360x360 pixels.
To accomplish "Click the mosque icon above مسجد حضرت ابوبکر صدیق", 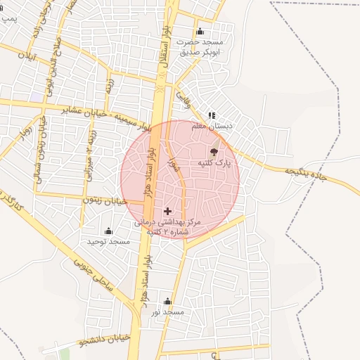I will (x=200, y=31).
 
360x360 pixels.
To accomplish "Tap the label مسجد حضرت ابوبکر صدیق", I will (x=199, y=47).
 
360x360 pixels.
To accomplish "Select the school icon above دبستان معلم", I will (x=212, y=115).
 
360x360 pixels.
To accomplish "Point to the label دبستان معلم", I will (x=212, y=126).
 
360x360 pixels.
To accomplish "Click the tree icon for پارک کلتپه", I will (x=214, y=151).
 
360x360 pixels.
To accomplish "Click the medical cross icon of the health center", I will (x=167, y=211).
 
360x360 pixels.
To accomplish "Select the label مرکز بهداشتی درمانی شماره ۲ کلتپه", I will (x=168, y=226).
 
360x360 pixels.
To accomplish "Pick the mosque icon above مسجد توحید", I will (x=109, y=231).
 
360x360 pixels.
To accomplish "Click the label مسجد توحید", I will (x=109, y=242).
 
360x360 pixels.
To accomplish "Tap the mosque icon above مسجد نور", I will (x=167, y=302).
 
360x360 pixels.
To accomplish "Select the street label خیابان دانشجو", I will (x=105, y=343).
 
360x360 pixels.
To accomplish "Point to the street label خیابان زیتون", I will (x=105, y=200).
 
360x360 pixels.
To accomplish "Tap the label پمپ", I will (x=9, y=16).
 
